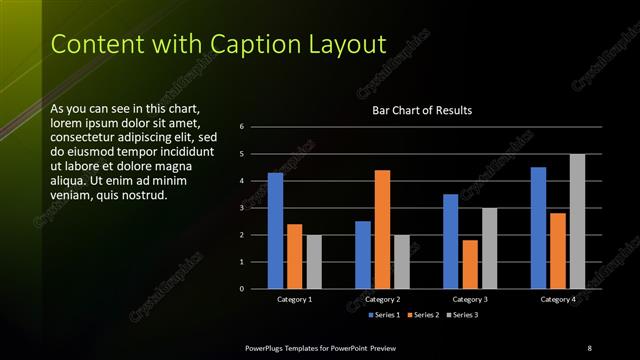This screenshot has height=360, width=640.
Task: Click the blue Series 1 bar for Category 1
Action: (275, 231)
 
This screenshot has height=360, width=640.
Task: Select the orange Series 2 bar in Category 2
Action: (382, 229)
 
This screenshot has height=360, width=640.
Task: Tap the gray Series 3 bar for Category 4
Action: (577, 221)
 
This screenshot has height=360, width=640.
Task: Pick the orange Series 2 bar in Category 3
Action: (470, 264)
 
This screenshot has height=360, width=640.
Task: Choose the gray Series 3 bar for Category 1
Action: (314, 262)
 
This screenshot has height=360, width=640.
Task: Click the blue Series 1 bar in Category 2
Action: (363, 255)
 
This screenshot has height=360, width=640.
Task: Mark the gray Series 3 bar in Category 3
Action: (489, 248)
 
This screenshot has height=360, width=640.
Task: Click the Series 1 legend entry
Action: (385, 315)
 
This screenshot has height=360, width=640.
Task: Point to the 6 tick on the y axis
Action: (242, 127)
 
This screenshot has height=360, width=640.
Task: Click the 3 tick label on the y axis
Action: (242, 208)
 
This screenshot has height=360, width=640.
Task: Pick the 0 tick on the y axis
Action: (242, 289)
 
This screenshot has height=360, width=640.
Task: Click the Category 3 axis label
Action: (470, 299)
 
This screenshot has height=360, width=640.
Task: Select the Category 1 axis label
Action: (294, 299)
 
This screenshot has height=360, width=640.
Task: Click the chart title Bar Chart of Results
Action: (422, 110)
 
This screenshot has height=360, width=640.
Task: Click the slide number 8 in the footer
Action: (589, 347)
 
